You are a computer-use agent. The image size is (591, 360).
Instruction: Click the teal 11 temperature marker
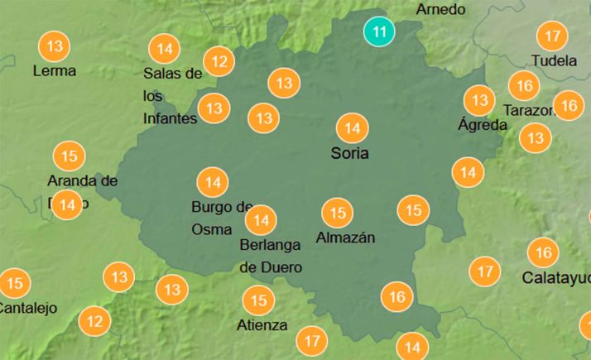point(379,32)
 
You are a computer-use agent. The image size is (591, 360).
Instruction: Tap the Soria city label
point(349,153)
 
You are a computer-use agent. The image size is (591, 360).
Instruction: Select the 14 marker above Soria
point(353,128)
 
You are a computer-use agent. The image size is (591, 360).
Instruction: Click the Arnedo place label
point(440,10)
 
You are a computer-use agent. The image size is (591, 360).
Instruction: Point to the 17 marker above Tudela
point(551,36)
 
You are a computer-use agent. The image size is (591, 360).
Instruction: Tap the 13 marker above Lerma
point(55,46)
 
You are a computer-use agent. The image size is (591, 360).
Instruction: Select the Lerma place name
point(54,71)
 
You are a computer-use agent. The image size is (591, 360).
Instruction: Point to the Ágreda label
point(483,125)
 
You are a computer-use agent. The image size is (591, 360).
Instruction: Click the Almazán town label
point(346,238)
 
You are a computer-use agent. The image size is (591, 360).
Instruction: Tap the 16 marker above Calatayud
point(543,252)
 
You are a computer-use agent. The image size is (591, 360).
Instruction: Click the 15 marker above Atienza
point(259,300)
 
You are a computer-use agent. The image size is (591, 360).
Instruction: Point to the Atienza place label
point(262,325)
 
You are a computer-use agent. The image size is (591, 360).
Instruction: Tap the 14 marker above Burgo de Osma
point(213,181)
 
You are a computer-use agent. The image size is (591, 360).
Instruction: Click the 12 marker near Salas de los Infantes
point(219,60)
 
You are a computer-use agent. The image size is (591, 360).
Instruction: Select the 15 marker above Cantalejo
point(14,284)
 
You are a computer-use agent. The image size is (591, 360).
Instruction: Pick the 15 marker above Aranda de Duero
point(70,156)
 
